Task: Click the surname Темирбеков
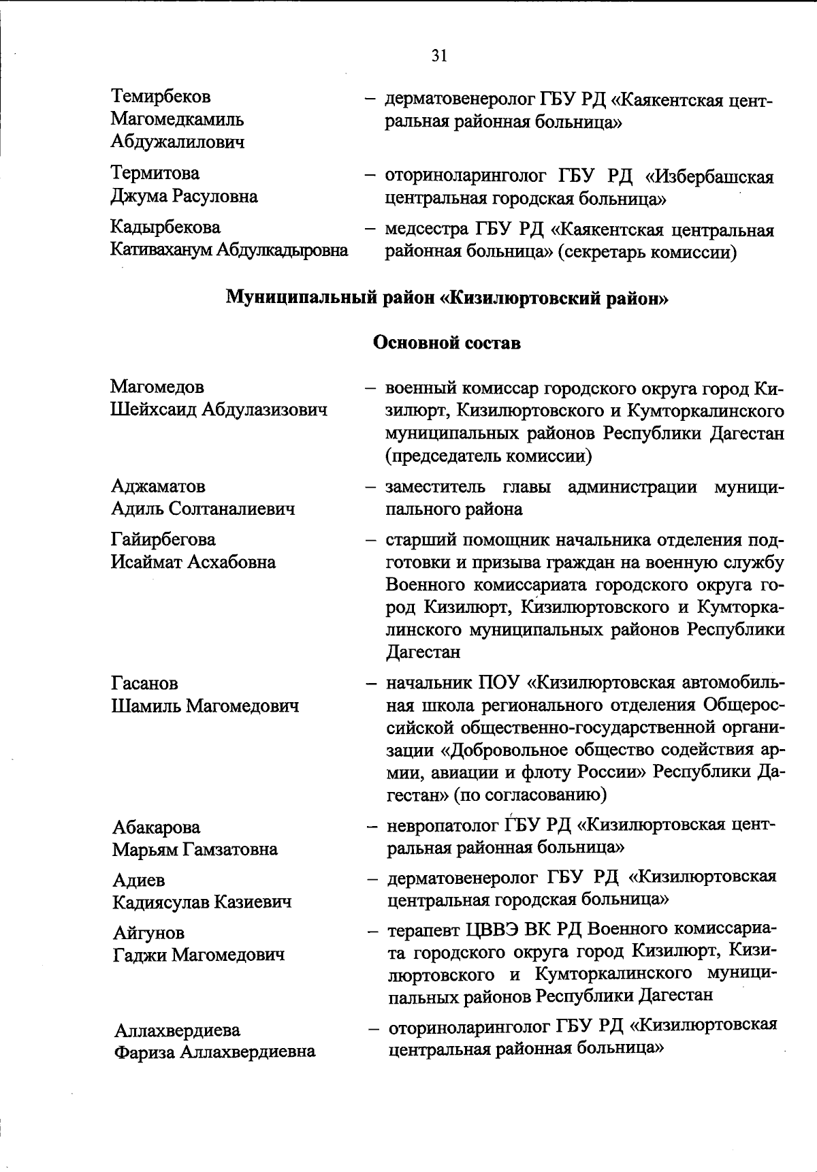click(x=161, y=97)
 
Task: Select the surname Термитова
click(x=155, y=174)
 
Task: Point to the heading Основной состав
click(x=447, y=343)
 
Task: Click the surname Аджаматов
click(x=158, y=486)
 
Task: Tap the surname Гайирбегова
click(x=163, y=539)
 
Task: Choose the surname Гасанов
click(x=144, y=683)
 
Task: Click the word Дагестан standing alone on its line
click(x=423, y=652)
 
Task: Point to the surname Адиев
click(x=139, y=880)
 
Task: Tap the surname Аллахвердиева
click(x=177, y=1030)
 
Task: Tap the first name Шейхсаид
click(x=155, y=410)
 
